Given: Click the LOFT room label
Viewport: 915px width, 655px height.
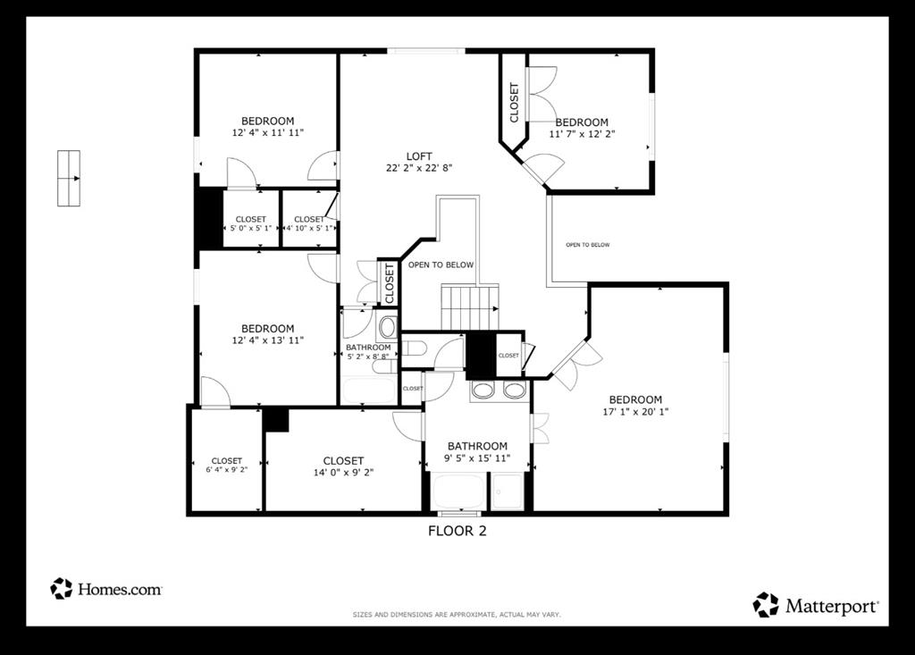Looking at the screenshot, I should coord(419,156).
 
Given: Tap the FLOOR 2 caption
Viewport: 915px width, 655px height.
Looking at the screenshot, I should coord(457,531).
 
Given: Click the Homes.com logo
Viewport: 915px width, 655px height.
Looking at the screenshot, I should coord(106,589).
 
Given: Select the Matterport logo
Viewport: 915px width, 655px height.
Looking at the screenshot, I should coord(817,605).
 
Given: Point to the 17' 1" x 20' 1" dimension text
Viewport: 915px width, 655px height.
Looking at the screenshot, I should coord(635,412).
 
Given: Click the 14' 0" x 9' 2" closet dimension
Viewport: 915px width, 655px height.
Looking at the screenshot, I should coord(343,473).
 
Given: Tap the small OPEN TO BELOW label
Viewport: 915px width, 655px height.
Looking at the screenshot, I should coord(587,245).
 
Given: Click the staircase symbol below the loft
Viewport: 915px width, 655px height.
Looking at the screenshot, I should coord(469,307).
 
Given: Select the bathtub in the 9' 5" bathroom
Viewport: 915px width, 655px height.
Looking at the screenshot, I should coord(457,492).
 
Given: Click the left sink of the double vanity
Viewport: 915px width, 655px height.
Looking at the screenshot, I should coord(483,390).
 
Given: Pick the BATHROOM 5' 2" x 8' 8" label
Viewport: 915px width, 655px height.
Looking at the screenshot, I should coord(368,351).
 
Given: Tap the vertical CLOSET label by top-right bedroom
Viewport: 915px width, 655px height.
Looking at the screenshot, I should coord(514,103).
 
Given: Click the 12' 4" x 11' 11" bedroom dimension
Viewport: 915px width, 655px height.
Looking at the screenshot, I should coord(267,133).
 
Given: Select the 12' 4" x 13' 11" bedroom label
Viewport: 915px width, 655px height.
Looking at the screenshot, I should coord(267,334).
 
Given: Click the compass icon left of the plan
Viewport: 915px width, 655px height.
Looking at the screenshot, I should coord(69,179).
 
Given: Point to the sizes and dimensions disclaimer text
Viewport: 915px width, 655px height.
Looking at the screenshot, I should coord(457,615).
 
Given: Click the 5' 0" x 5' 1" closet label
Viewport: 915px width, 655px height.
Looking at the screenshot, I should coord(250,224).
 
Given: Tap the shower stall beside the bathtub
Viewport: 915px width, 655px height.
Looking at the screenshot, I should coord(508,491).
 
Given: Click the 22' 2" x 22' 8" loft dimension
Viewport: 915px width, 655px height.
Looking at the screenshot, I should coord(419,168).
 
